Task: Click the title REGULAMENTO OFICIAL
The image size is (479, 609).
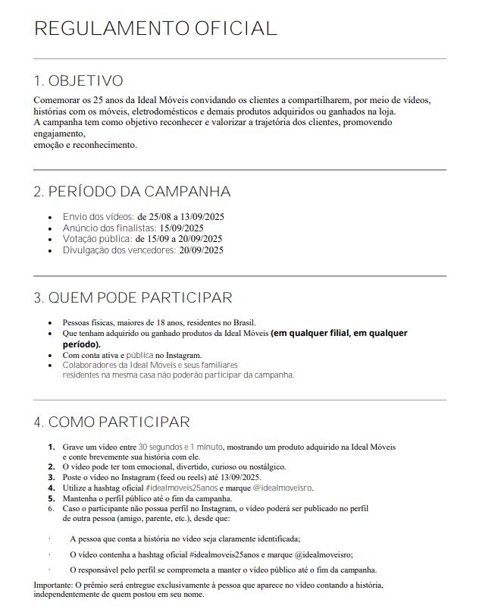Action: click(x=155, y=29)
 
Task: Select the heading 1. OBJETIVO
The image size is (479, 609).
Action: click(x=78, y=81)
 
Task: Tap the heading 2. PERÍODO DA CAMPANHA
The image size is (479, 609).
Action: click(x=132, y=192)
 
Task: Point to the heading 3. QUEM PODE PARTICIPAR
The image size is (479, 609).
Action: click(x=133, y=297)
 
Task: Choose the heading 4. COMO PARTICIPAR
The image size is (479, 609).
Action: click(x=111, y=422)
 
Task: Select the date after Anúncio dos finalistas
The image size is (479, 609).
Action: click(x=181, y=228)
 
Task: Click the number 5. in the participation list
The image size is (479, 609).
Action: click(x=52, y=498)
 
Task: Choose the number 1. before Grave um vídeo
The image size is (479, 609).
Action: click(x=52, y=447)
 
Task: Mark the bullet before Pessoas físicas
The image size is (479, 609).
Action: click(x=51, y=322)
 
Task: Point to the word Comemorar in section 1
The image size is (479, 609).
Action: click(x=56, y=100)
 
